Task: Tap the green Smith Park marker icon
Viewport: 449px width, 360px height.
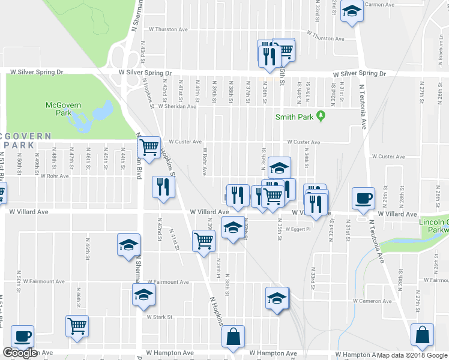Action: (321, 116)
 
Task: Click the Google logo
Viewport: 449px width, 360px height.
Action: (20, 353)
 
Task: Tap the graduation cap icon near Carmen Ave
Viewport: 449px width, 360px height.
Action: (352, 11)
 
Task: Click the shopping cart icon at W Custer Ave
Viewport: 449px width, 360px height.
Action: (149, 146)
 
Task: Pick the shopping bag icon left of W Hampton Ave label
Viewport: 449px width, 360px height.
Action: (233, 337)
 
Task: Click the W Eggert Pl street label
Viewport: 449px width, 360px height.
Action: (298, 229)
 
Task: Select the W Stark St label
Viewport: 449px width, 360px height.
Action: (160, 317)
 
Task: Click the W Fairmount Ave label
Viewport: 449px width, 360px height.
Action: (168, 281)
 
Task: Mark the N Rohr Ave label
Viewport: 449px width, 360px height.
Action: (205, 162)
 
